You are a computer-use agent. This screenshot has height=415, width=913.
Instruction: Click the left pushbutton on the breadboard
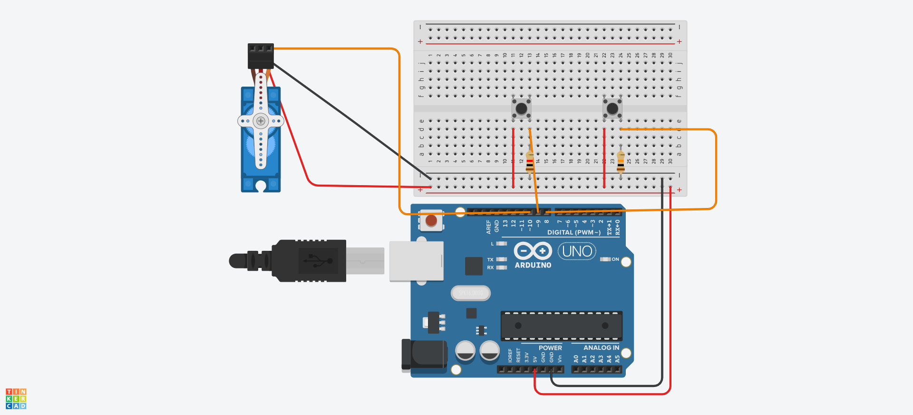pos(521,109)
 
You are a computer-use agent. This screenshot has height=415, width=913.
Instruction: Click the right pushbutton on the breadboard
pos(612,109)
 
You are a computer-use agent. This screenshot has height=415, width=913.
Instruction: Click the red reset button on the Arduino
pos(431,220)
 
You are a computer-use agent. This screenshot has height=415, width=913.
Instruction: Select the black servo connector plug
pos(261,56)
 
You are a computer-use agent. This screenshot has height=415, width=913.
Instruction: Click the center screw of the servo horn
pos(261,121)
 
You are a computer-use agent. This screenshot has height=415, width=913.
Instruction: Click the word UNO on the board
pos(577,251)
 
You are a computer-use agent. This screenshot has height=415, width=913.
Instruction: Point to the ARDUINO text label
pos(533,265)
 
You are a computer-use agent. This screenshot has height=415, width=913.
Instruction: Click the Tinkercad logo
pos(16,398)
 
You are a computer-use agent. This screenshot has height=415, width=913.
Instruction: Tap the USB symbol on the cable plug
pos(318,260)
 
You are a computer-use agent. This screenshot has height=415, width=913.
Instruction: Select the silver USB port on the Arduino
pos(416,261)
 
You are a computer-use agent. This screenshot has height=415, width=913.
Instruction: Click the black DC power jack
pos(424,355)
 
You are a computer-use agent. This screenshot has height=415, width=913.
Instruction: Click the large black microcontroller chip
pos(561,326)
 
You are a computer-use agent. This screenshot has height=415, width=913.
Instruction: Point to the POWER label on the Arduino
pos(550,348)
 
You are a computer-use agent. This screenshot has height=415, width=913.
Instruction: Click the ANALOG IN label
pos(601,348)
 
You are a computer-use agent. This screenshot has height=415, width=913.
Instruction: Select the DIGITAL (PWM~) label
pos(574,232)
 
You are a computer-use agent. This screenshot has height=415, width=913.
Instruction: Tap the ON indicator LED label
pos(615,259)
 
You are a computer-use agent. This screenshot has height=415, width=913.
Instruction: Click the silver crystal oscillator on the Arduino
pos(470,293)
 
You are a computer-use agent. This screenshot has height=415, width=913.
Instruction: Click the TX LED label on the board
pos(490,260)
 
